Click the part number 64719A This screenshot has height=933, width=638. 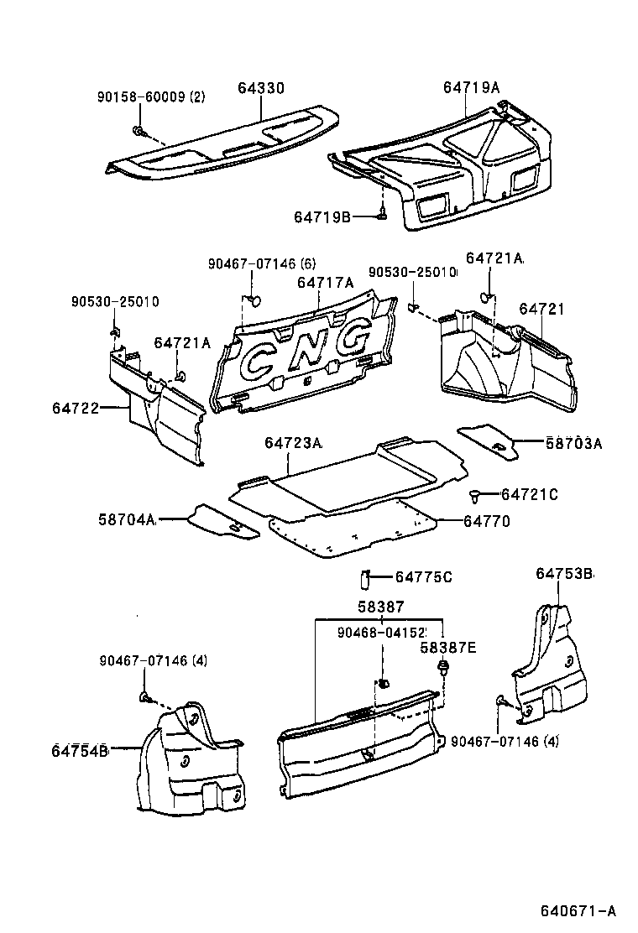point(471,87)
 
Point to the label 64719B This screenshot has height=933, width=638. point(322,216)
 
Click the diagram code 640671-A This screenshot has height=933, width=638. point(577,910)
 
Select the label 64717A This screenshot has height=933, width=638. point(323,283)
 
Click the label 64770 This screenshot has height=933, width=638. point(486,521)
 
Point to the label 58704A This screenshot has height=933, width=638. point(127,520)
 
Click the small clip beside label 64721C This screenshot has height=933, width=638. point(475,494)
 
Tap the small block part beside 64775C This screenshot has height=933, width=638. point(366,577)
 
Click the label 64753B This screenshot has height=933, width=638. point(565,574)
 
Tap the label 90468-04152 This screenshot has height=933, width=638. point(383,632)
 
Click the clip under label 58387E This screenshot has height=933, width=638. point(442,669)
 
